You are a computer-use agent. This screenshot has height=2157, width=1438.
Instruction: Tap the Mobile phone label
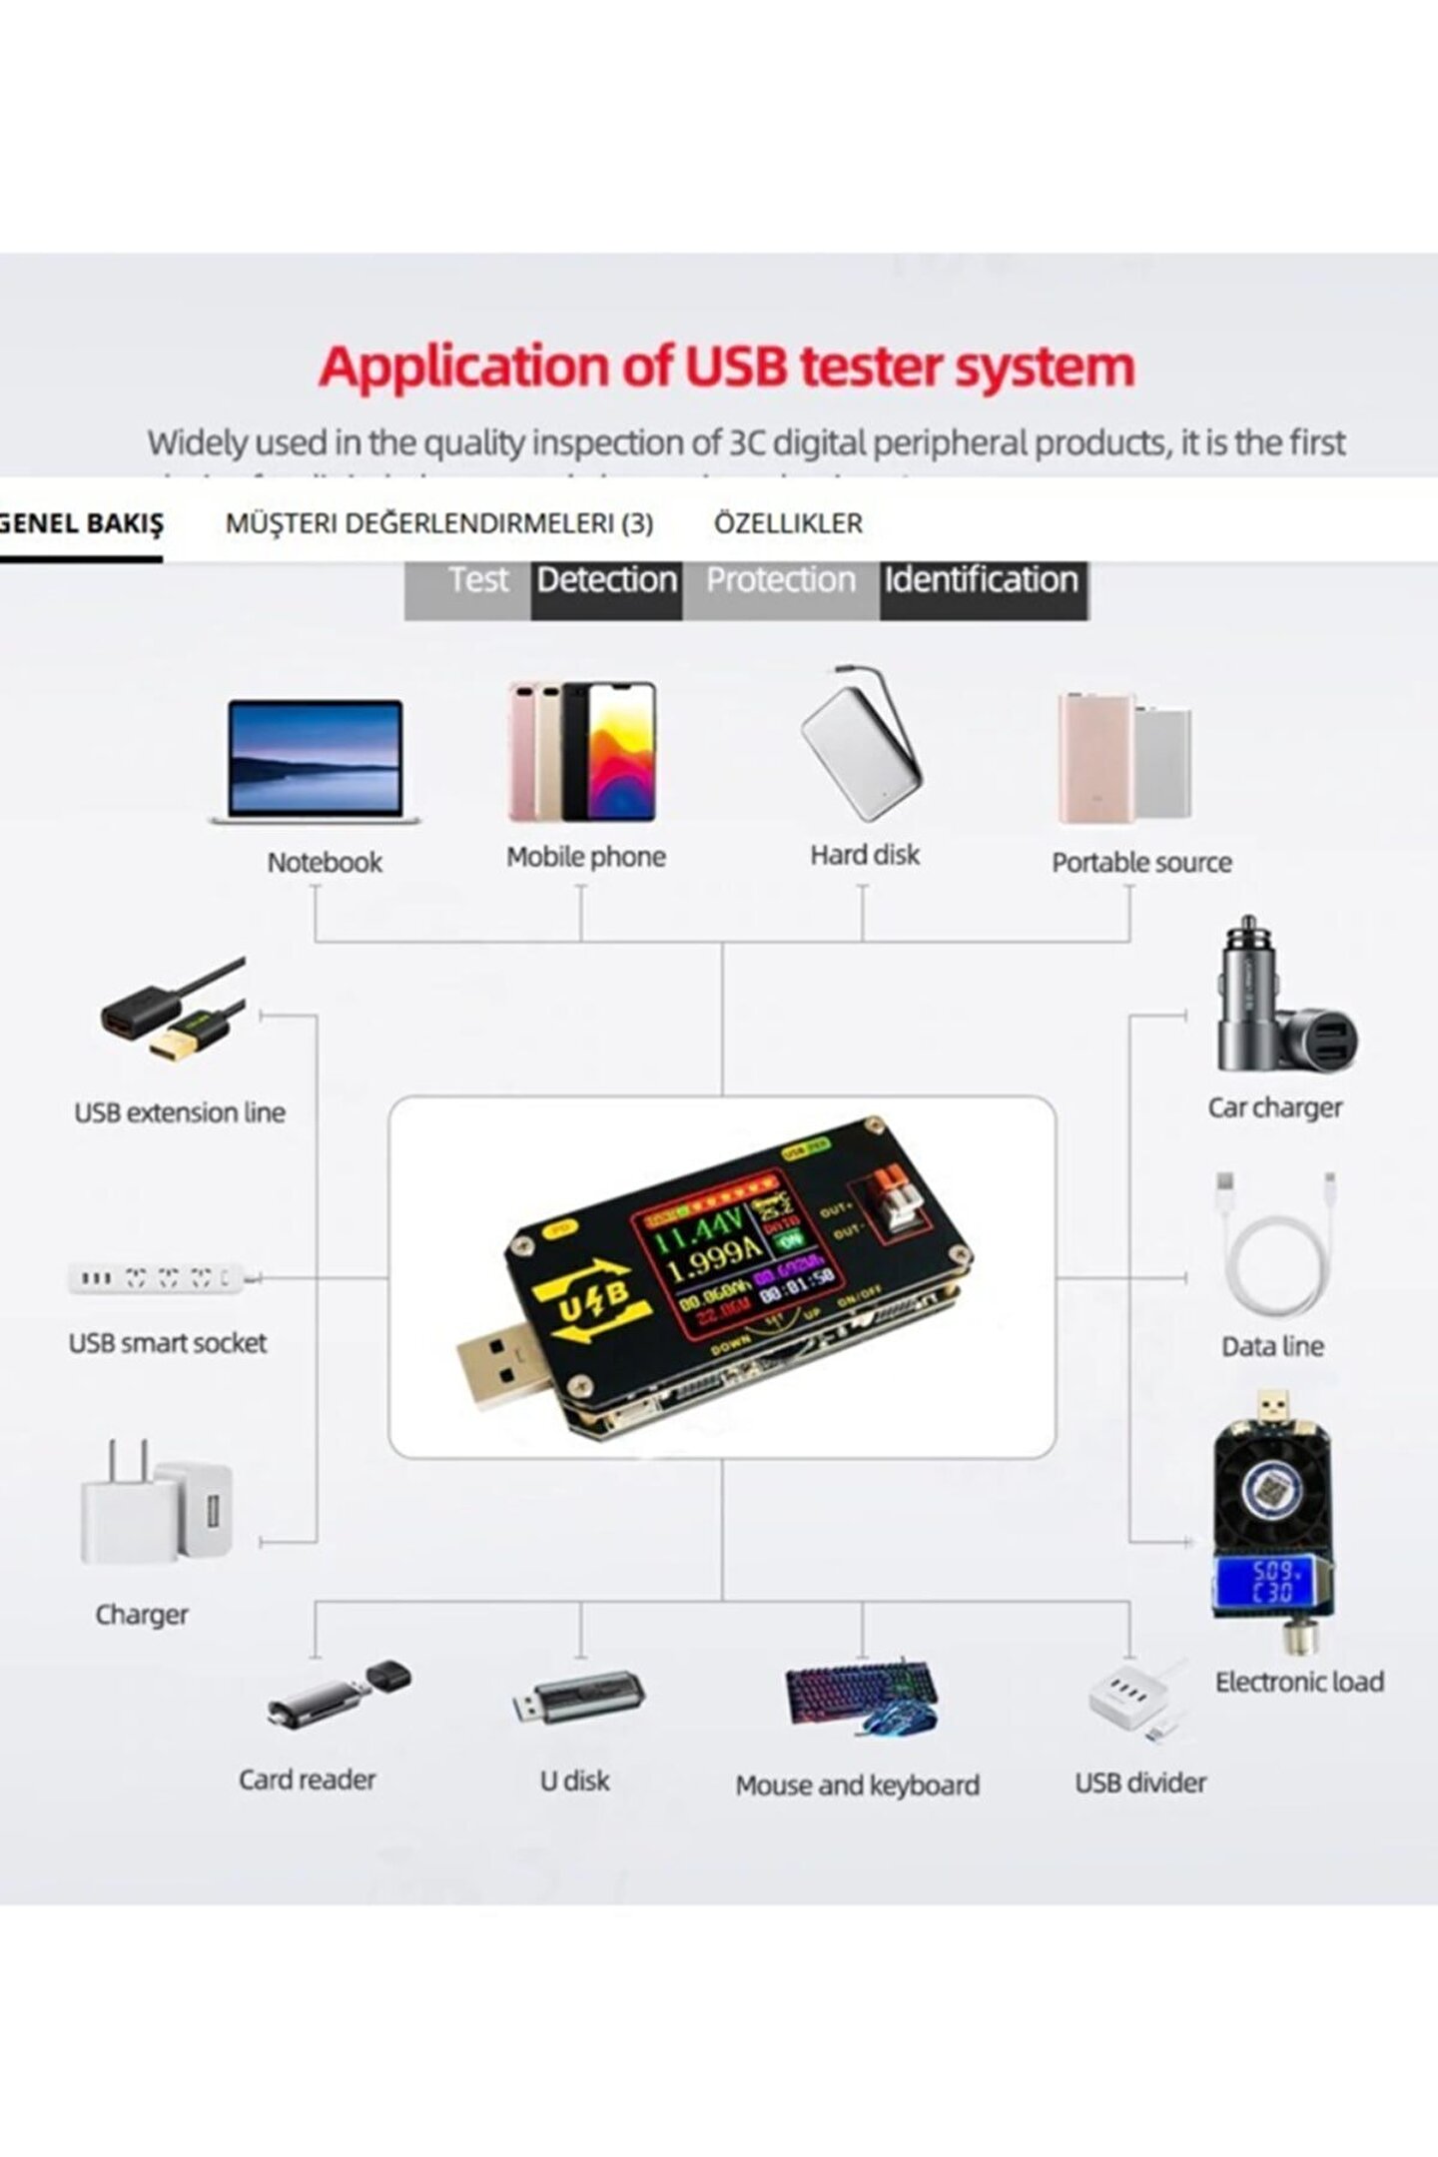(x=585, y=857)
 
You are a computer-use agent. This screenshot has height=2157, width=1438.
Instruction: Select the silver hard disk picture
(x=861, y=749)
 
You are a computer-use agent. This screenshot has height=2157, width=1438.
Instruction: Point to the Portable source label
(x=1140, y=863)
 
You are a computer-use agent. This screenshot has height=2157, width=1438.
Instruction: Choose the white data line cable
(x=1276, y=1248)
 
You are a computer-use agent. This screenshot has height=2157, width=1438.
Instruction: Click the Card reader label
(x=307, y=1780)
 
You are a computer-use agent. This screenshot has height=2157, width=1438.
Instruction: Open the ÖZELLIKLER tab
(x=788, y=523)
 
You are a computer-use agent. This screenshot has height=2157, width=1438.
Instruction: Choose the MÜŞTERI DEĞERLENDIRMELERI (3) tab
(x=439, y=523)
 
